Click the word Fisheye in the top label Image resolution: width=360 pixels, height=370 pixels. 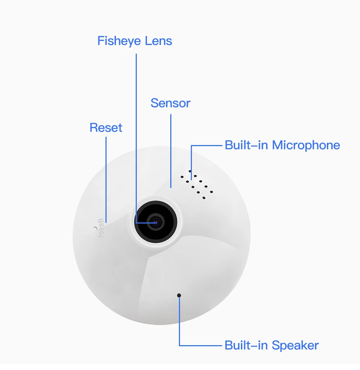coord(119,41)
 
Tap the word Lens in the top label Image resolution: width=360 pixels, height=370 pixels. coord(158,41)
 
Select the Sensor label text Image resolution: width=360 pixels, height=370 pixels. coord(170,103)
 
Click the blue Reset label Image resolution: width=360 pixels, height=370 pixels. coord(106,128)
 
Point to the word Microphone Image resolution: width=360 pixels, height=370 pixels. coord(306,145)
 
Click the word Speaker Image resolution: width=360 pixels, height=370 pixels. coord(295,346)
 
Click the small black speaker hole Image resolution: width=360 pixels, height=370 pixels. coord(179,295)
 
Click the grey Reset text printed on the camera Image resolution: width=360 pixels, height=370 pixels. coord(102,228)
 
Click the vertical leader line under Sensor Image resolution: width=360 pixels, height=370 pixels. coord(171,151)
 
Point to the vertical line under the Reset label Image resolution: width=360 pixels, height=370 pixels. coord(106,176)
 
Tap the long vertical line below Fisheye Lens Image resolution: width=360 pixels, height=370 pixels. coord(136,137)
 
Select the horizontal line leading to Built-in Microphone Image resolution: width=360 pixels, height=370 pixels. coord(207,145)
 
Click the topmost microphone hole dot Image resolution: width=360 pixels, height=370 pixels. coord(190,171)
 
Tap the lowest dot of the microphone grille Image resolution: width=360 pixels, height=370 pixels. coord(204,198)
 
